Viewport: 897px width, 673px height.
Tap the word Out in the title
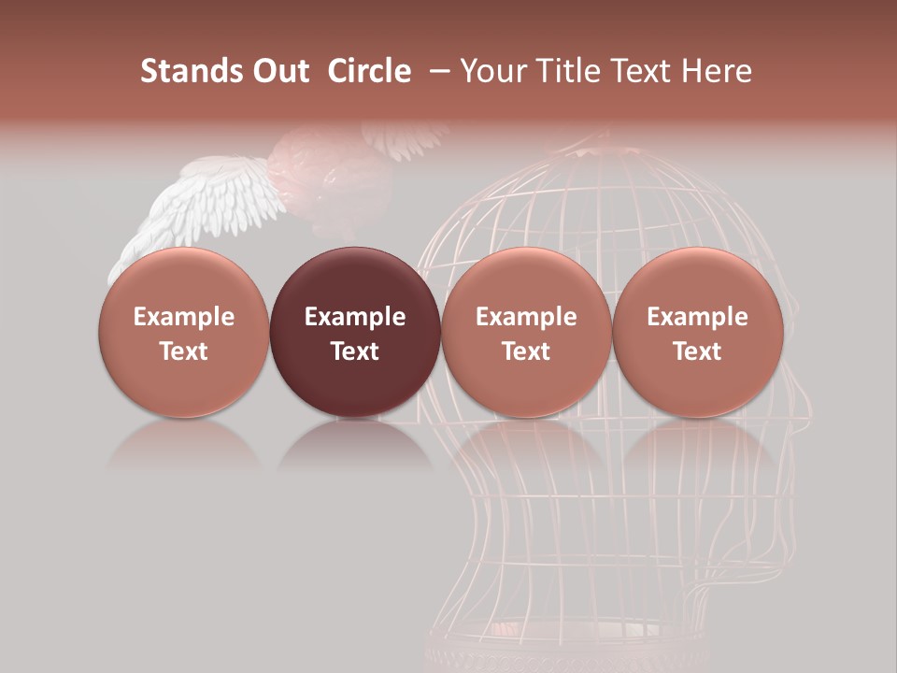pos(279,71)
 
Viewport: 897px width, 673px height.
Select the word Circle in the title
pos(369,71)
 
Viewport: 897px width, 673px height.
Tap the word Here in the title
pos(717,71)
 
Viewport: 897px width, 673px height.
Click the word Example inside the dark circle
pos(355,317)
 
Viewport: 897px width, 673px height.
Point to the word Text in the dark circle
pos(355,351)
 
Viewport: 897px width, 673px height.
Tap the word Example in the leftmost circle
pos(183,317)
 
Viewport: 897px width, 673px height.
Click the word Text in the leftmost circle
pos(183,351)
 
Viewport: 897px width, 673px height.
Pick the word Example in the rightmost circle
pos(697,317)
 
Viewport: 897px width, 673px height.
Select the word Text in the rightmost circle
pos(697,351)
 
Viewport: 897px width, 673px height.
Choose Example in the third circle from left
pos(526,317)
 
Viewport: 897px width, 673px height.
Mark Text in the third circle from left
pos(526,351)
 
